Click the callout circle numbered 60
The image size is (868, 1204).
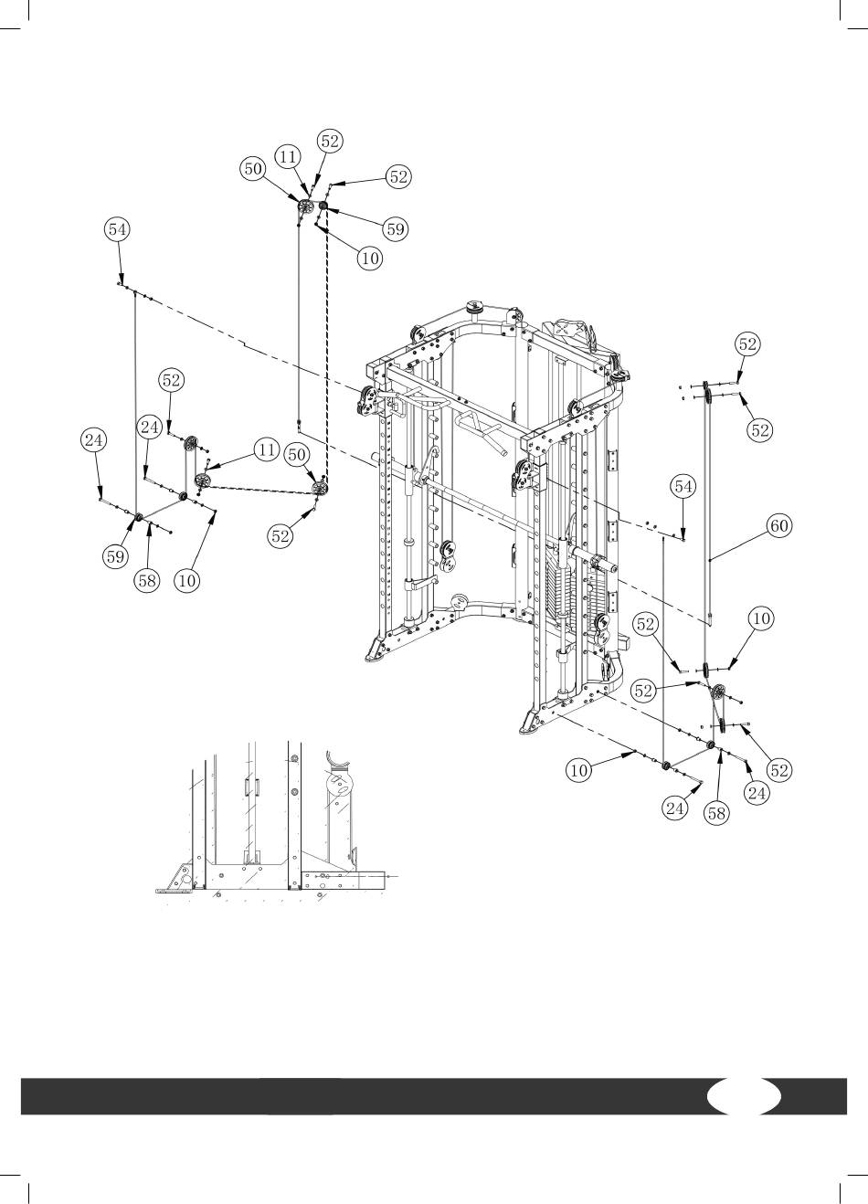pos(778,524)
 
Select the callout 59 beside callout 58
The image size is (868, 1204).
pos(115,556)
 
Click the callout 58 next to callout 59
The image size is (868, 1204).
pos(147,580)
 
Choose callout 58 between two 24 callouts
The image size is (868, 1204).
pos(716,813)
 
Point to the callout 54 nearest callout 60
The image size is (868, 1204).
pos(683,486)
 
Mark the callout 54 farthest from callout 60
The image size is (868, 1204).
pos(117,229)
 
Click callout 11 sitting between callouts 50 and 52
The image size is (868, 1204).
pos(288,156)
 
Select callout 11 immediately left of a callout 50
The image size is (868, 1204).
pos(267,449)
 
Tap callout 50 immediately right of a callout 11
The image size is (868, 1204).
pos(297,455)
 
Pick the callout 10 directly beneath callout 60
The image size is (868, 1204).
pos(762,618)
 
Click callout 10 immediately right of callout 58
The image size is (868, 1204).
pos(187,580)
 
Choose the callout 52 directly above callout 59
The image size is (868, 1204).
pos(398,176)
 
